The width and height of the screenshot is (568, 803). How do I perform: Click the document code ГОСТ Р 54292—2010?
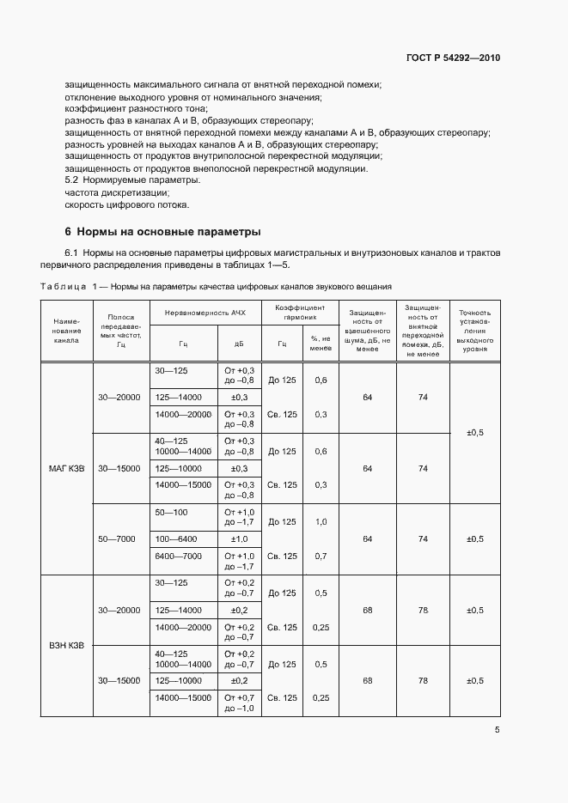click(x=453, y=58)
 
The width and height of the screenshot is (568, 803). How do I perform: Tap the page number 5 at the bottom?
click(x=497, y=730)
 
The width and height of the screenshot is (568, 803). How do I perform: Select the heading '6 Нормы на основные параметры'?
click(x=162, y=232)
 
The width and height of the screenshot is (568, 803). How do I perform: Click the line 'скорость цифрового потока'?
click(x=126, y=204)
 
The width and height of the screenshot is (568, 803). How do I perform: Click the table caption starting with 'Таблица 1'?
click(x=217, y=285)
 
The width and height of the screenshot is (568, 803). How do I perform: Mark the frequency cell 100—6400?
click(x=175, y=538)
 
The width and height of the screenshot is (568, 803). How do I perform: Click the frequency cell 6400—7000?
click(x=179, y=556)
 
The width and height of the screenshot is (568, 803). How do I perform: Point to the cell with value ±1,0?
click(x=239, y=538)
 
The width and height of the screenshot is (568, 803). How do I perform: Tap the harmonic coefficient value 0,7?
click(x=321, y=556)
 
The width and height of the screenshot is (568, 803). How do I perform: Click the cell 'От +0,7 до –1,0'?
click(x=239, y=703)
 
